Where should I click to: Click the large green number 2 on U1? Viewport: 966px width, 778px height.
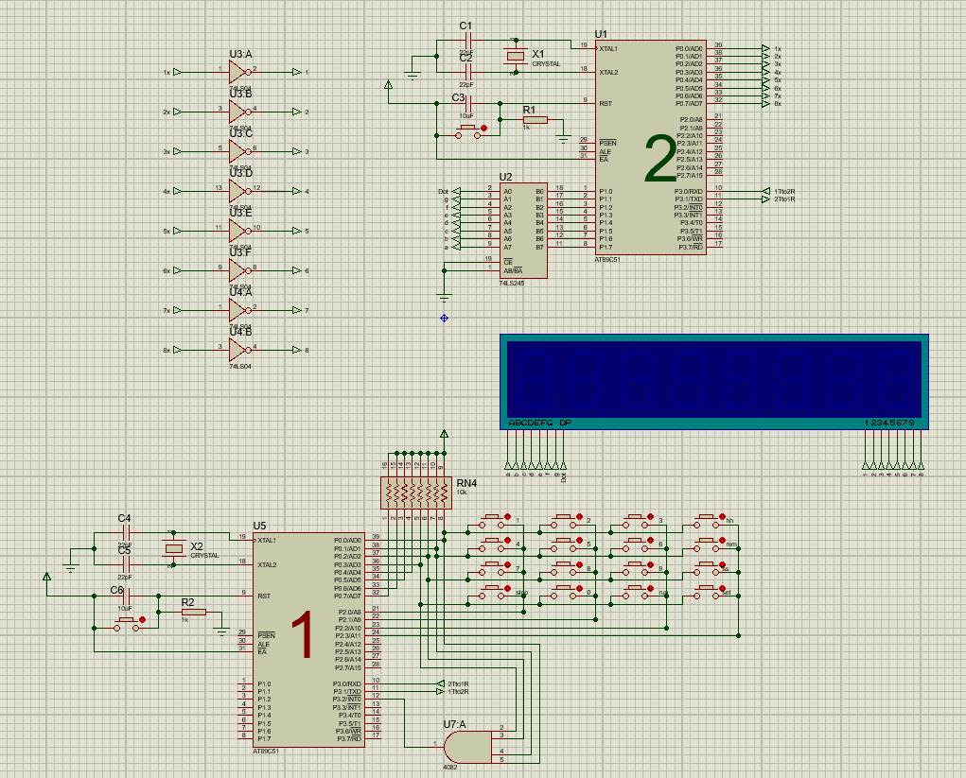click(x=660, y=158)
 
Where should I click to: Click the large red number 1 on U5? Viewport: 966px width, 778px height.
click(x=301, y=634)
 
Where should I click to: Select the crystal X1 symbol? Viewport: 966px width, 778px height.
click(x=515, y=58)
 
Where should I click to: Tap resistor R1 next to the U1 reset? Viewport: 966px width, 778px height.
click(x=535, y=120)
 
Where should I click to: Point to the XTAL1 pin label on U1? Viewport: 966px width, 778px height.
click(x=608, y=48)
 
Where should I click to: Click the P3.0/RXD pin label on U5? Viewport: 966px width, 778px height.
click(x=347, y=683)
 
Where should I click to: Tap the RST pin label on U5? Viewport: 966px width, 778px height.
click(x=263, y=596)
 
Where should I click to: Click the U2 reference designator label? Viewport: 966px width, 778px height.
click(x=505, y=177)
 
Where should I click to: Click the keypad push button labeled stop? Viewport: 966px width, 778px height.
click(x=493, y=590)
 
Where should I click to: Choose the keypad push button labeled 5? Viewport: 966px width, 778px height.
click(x=564, y=543)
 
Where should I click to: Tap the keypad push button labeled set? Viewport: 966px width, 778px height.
click(x=705, y=590)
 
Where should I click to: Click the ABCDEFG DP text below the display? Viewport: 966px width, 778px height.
click(x=539, y=423)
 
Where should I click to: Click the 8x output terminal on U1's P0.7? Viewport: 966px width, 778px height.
click(x=765, y=104)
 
